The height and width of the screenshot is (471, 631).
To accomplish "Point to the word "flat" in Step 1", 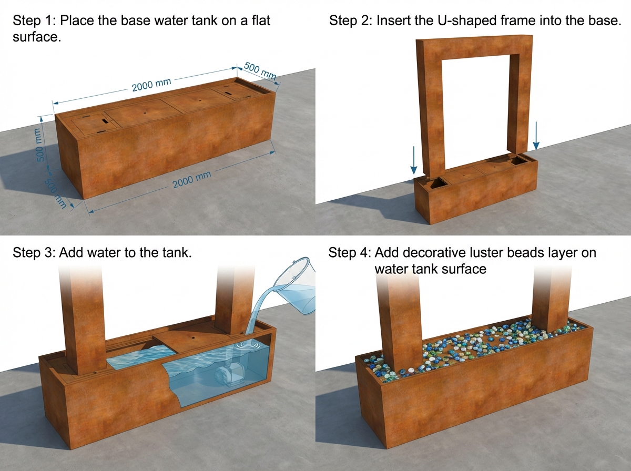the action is [261, 21].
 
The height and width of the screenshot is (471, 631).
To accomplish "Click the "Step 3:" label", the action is [34, 253].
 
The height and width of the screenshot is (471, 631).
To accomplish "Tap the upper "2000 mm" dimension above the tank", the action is [151, 85].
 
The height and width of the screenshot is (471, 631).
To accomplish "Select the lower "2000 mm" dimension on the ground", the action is [192, 179].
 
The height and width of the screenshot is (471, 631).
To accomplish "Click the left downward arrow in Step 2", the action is [414, 160].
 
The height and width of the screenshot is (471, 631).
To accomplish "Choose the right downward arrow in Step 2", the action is [536, 136].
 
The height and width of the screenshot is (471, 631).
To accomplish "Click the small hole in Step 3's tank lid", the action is [192, 336].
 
